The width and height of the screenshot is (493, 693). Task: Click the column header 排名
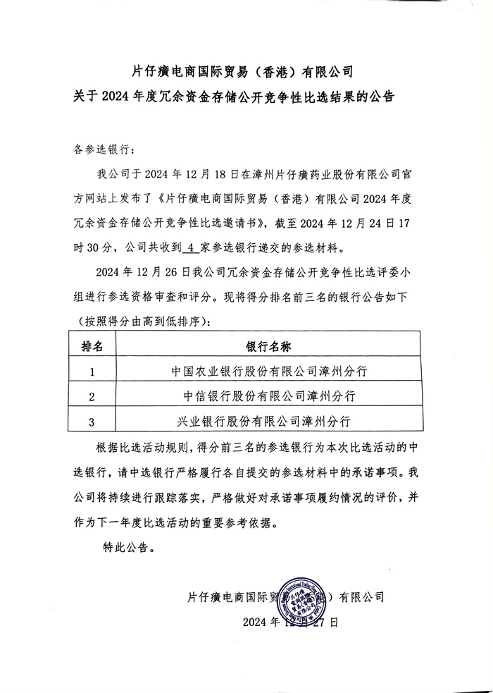pyautogui.click(x=92, y=347)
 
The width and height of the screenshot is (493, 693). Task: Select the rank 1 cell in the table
pyautogui.click(x=92, y=372)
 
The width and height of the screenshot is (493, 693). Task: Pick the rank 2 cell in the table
pyautogui.click(x=92, y=397)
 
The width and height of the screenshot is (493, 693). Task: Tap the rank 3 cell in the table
pyautogui.click(x=92, y=422)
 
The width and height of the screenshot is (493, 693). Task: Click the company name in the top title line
pyautogui.click(x=247, y=71)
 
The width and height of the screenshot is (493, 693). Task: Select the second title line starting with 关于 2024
pyautogui.click(x=247, y=97)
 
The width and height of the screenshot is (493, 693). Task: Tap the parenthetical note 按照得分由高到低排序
pyautogui.click(x=146, y=321)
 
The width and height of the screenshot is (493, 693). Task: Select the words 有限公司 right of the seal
pyautogui.click(x=362, y=596)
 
